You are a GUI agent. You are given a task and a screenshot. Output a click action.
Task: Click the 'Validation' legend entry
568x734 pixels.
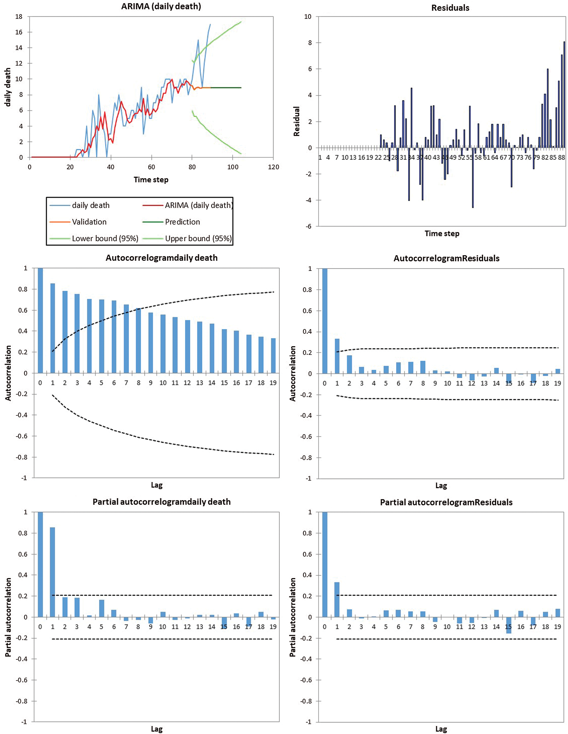(x=89, y=222)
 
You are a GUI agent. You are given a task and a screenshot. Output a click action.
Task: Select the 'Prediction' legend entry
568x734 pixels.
(x=182, y=222)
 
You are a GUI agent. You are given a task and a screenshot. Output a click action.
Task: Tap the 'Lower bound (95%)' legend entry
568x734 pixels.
(x=105, y=238)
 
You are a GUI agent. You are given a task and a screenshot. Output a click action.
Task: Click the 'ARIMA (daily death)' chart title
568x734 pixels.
(x=161, y=6)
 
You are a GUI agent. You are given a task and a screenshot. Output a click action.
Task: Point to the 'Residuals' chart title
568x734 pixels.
(x=450, y=8)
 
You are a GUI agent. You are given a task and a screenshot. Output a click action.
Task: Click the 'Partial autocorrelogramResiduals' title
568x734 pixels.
(x=446, y=502)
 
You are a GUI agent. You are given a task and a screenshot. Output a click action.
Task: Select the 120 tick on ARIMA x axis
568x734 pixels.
(x=274, y=167)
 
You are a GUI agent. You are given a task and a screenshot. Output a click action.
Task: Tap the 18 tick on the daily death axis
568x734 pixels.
(x=19, y=16)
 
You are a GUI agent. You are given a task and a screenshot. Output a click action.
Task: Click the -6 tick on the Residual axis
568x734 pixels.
(x=308, y=226)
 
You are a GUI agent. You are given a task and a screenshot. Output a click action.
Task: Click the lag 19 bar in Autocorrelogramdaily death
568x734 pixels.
(x=273, y=355)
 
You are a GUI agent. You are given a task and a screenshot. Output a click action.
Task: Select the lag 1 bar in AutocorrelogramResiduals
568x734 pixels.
(x=337, y=356)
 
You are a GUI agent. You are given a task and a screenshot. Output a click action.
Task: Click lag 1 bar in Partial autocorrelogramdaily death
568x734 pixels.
(x=53, y=572)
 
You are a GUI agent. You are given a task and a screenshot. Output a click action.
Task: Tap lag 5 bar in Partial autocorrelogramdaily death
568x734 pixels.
(x=101, y=608)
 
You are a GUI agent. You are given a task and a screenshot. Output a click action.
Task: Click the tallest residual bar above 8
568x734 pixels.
(x=564, y=95)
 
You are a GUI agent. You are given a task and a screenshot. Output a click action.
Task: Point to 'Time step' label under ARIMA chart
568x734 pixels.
(x=151, y=179)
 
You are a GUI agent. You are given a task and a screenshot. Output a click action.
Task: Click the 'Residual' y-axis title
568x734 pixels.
(x=296, y=121)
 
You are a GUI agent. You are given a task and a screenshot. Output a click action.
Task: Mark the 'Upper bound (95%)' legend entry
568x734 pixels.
(x=198, y=238)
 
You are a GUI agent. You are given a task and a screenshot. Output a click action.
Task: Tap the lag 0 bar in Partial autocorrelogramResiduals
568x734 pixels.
(x=325, y=565)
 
